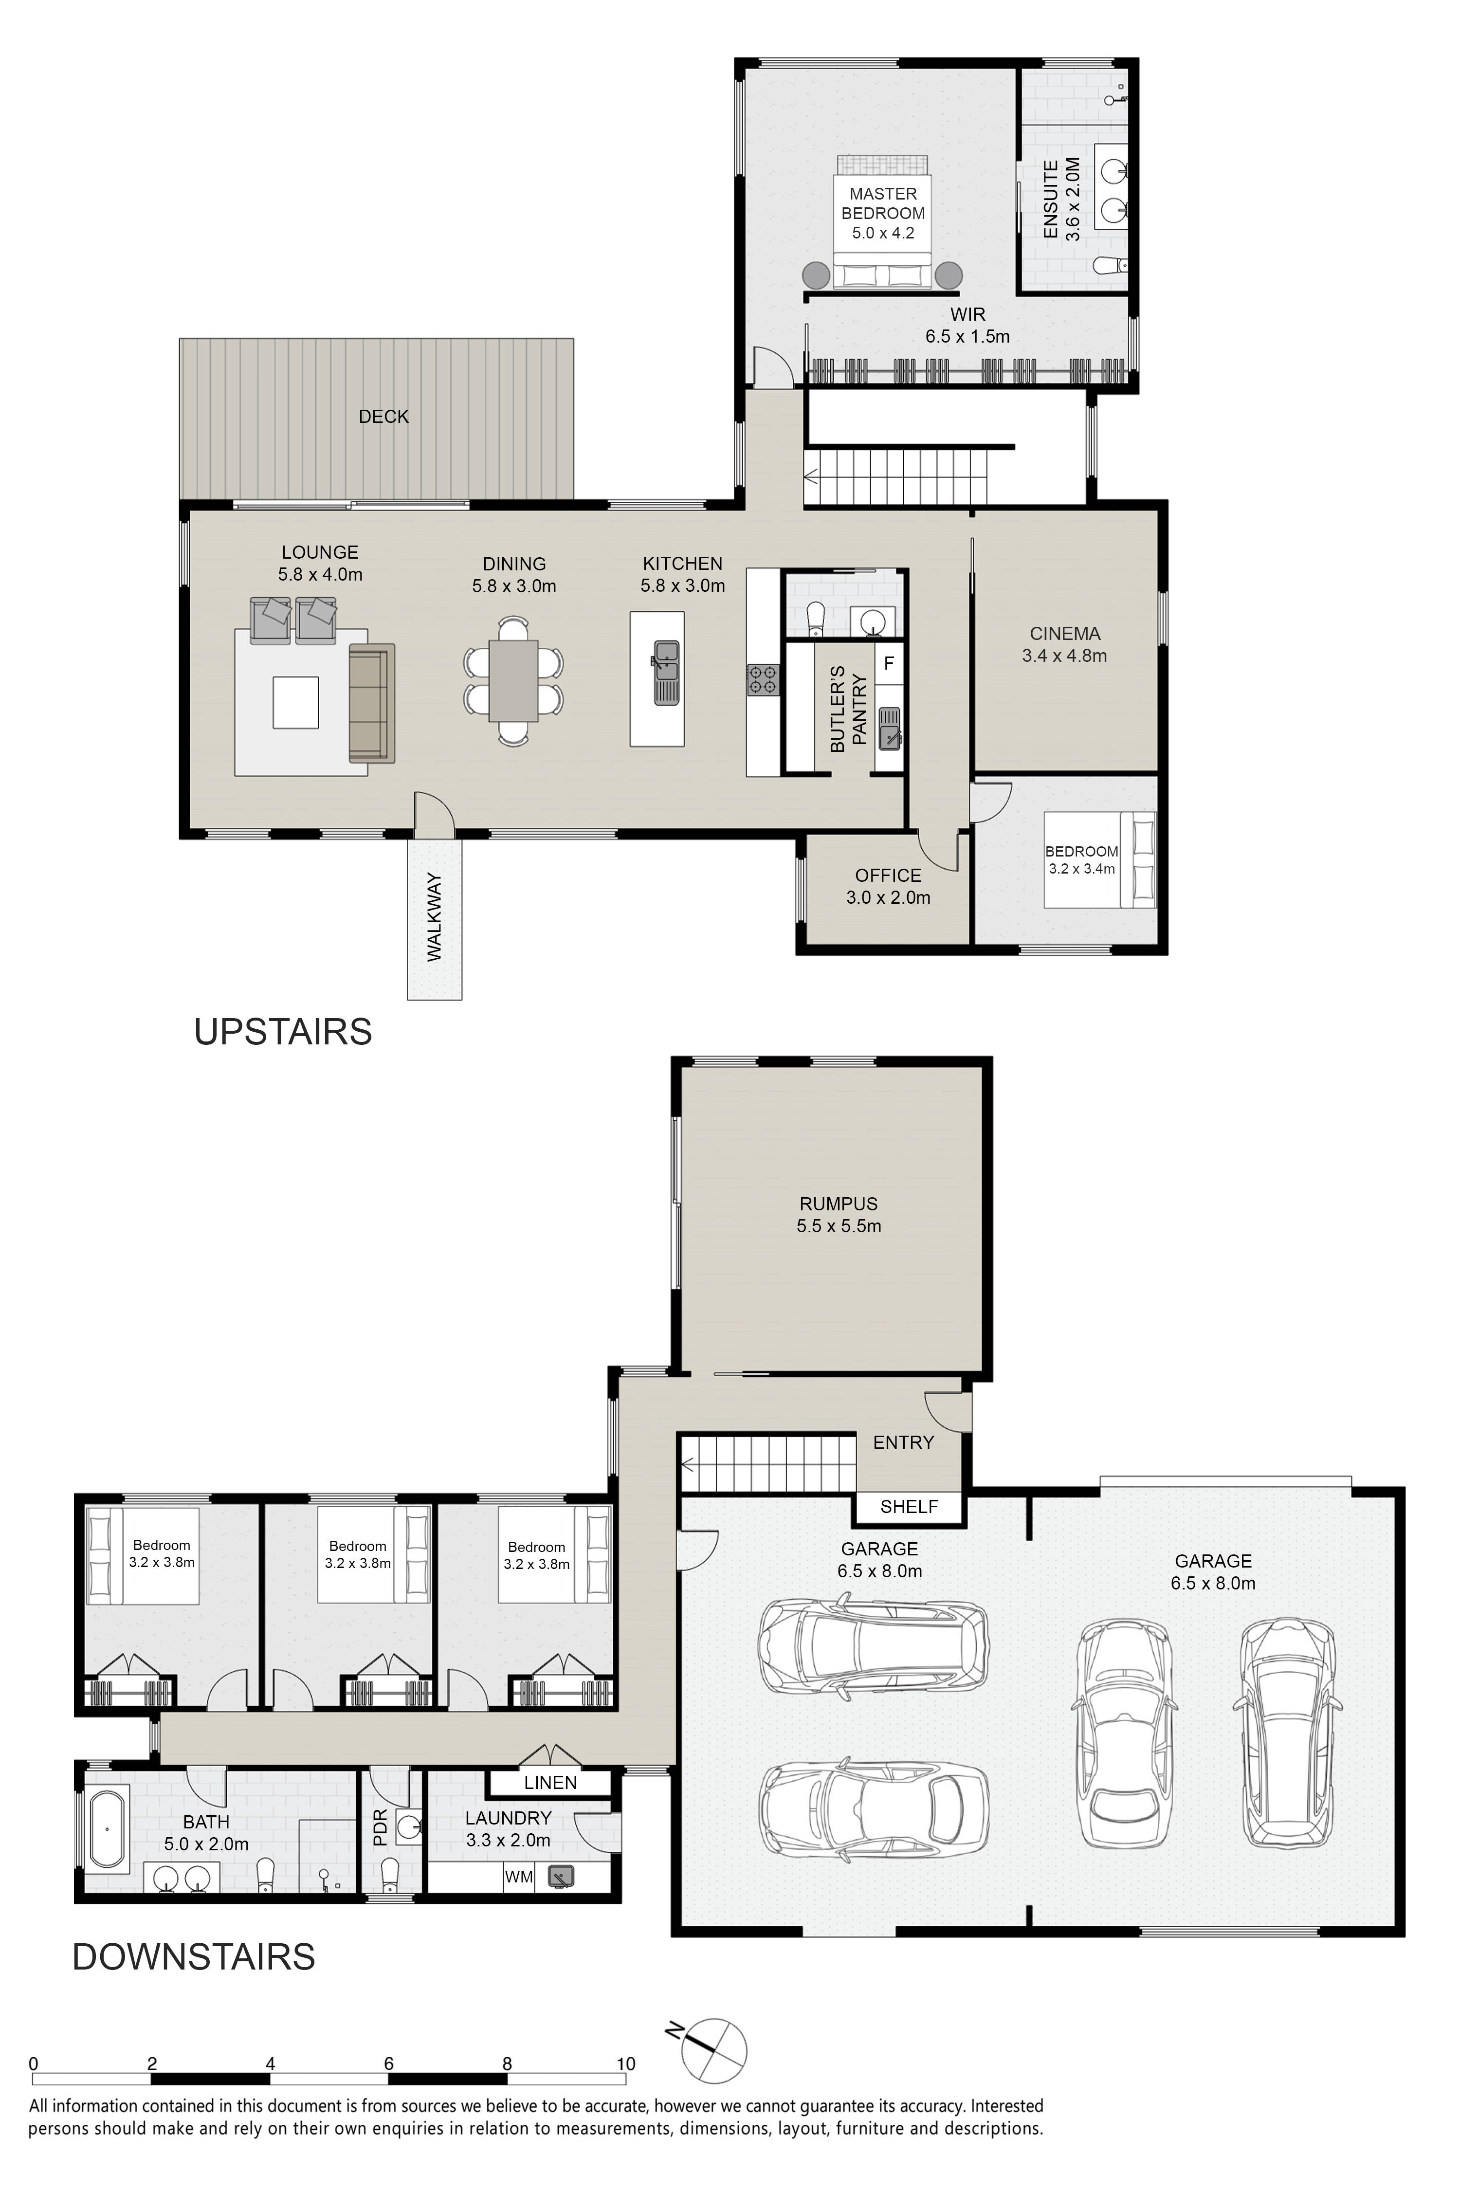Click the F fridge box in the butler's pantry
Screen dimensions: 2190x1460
[x=888, y=664]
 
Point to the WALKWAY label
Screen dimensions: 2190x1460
[x=435, y=917]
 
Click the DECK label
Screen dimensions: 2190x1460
[x=383, y=416]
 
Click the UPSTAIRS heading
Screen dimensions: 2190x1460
[x=283, y=1032]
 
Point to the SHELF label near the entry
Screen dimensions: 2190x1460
[x=909, y=1507]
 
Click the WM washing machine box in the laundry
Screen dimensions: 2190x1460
[x=519, y=1877]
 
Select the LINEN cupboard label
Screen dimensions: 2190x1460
[x=550, y=1782]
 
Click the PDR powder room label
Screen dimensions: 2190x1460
[x=380, y=1828]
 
